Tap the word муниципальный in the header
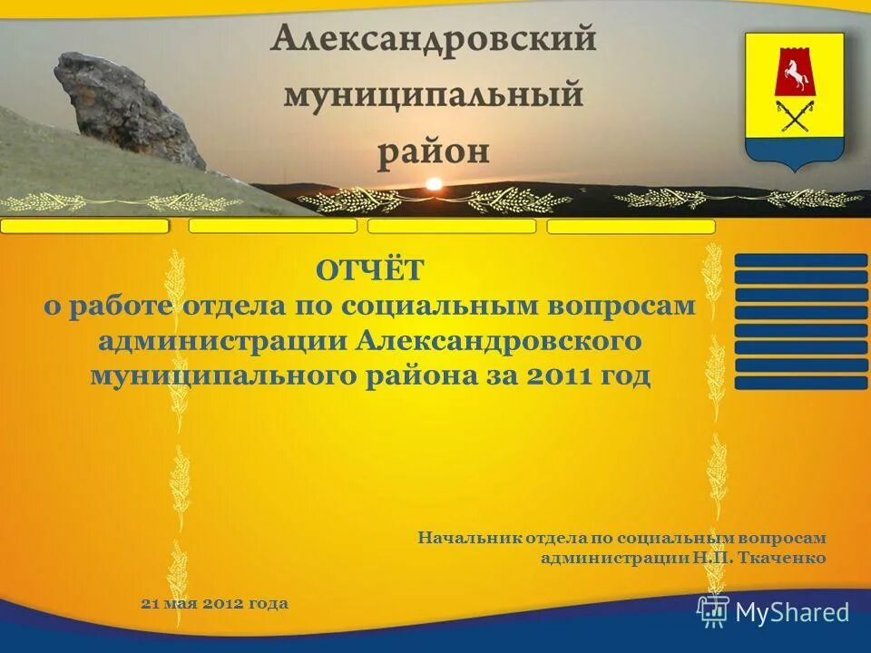pos(433,94)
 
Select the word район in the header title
pos(433,150)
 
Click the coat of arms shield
pos(794,100)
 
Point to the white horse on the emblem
pos(794,73)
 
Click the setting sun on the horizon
pos(434,184)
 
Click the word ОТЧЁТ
pos(369,269)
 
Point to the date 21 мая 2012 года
pos(215,603)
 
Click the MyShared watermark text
pos(792,612)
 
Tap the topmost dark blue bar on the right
pos(800,260)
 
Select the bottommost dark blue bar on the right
pos(800,383)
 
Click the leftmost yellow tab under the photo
pos(84,226)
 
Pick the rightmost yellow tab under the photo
pos(631,227)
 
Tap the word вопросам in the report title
pos(623,306)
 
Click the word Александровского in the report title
pos(500,341)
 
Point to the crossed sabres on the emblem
pos(794,116)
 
